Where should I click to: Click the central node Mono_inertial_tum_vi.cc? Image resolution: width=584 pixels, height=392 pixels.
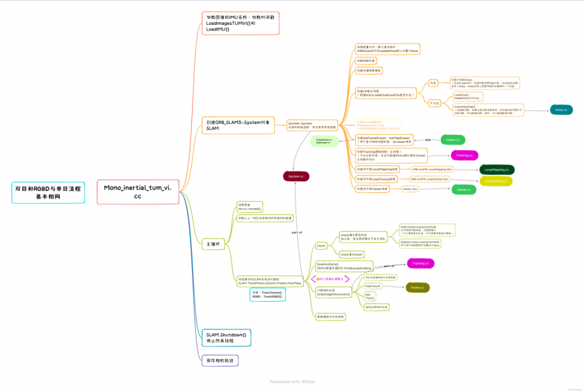(137, 191)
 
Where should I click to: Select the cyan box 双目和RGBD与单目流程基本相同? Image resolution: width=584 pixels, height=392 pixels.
(48, 192)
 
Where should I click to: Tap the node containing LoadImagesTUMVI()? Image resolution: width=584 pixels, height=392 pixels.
(240, 23)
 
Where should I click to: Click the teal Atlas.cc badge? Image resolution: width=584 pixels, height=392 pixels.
(561, 110)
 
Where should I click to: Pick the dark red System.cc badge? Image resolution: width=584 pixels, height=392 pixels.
(296, 176)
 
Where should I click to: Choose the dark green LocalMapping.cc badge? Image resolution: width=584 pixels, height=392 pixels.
(496, 170)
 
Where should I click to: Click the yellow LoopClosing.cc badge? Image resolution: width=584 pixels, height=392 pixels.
(496, 181)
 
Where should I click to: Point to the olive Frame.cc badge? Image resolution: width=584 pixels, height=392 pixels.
(417, 288)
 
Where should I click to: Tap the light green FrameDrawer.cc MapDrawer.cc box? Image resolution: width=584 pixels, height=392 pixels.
(324, 141)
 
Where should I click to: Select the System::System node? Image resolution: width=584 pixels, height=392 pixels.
(311, 125)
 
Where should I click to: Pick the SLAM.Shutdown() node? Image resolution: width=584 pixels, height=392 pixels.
(225, 338)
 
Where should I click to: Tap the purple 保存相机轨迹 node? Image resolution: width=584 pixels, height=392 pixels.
(220, 360)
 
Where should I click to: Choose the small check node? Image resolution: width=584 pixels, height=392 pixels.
(321, 245)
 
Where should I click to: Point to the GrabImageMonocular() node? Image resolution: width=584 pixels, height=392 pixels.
(333, 293)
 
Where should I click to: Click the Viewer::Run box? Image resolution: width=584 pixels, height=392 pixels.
(411, 189)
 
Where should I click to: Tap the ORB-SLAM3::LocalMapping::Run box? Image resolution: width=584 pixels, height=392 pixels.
(433, 169)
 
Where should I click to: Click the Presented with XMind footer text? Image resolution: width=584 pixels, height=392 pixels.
(292, 382)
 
